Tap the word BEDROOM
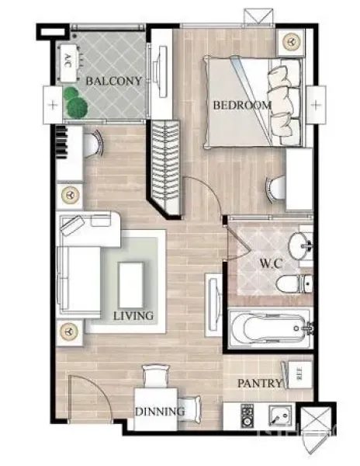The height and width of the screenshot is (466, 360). pyautogui.click(x=243, y=104)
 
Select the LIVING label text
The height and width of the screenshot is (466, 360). pyautogui.click(x=133, y=316)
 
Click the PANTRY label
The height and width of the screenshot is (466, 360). pyautogui.click(x=260, y=383)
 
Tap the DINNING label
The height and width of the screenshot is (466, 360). pyautogui.click(x=160, y=411)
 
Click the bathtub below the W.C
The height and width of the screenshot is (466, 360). pyautogui.click(x=268, y=329)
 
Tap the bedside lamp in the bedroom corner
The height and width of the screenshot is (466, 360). pyautogui.click(x=292, y=40)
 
